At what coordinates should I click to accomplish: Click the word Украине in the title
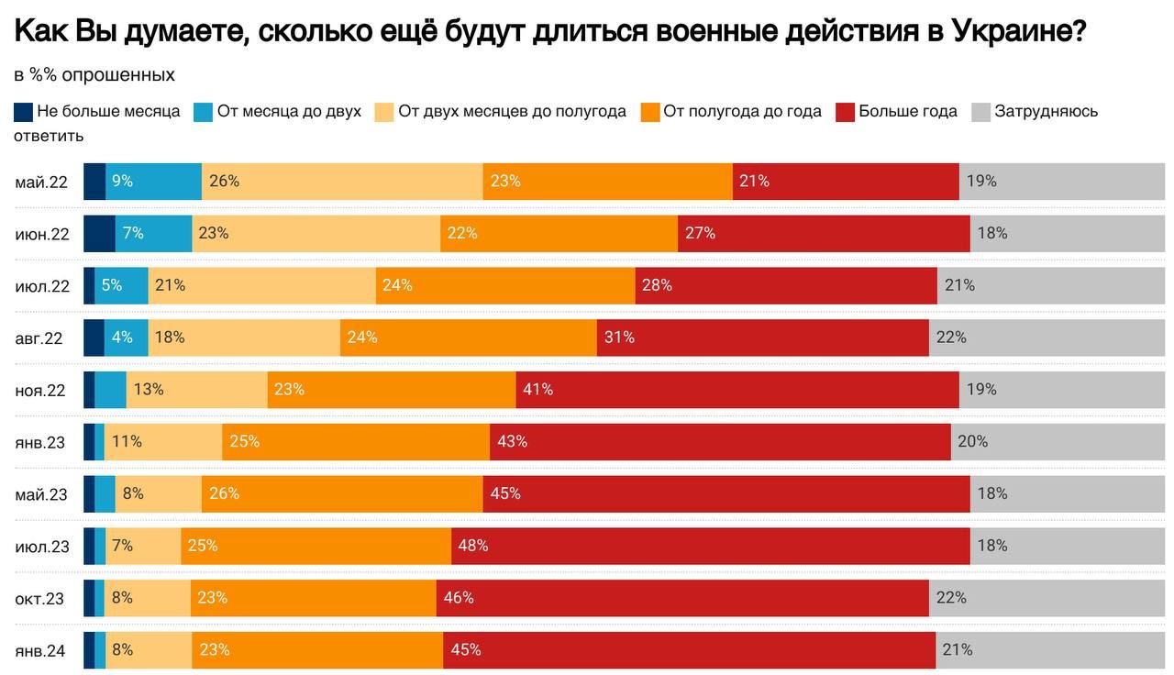click(x=1019, y=33)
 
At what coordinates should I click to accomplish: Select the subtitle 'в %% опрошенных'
click(x=94, y=74)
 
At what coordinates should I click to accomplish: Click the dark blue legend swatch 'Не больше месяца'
click(x=24, y=112)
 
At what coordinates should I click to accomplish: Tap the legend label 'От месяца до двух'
click(x=289, y=112)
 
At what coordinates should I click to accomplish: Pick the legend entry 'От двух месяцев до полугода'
click(x=512, y=112)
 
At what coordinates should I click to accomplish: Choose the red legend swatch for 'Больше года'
click(x=845, y=112)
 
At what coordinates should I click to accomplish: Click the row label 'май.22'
click(x=41, y=182)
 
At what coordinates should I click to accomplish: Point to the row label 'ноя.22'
click(x=40, y=390)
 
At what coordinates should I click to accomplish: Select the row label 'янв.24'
click(x=40, y=650)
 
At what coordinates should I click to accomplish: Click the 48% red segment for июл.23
click(x=710, y=546)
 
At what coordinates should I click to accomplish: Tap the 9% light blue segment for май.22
click(x=153, y=182)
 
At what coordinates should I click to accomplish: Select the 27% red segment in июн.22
click(x=824, y=234)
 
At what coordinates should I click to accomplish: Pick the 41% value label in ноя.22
click(x=537, y=390)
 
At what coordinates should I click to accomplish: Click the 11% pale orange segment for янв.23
click(x=163, y=442)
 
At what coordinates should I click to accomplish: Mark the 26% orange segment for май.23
click(x=342, y=493)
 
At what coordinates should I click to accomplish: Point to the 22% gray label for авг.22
click(x=951, y=337)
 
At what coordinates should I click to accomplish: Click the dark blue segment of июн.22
click(x=99, y=234)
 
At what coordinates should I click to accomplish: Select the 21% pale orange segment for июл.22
click(x=261, y=285)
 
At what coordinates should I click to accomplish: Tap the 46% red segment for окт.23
click(x=682, y=598)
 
